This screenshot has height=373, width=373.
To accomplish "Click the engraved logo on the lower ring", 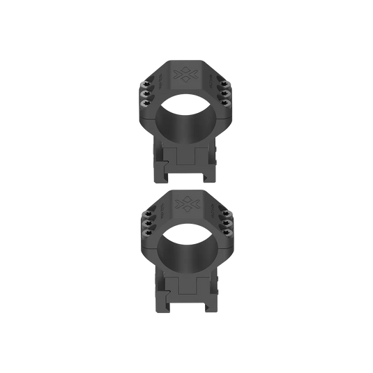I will (186, 204).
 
